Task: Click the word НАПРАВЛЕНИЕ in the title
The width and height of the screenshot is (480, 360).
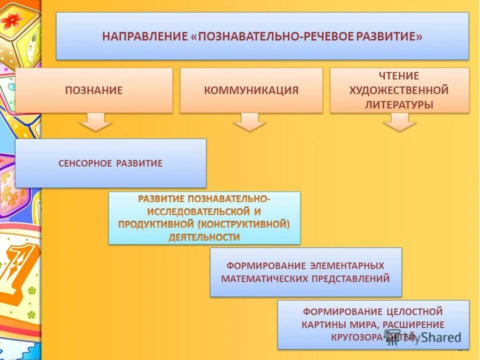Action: [144, 37]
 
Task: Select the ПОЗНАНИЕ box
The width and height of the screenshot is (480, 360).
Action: [94, 90]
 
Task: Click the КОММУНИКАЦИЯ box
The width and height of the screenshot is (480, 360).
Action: [251, 90]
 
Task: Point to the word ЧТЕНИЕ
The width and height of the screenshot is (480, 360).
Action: [399, 76]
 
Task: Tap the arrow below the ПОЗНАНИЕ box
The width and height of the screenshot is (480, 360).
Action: [95, 121]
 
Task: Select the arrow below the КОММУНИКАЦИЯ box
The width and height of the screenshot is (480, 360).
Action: [249, 121]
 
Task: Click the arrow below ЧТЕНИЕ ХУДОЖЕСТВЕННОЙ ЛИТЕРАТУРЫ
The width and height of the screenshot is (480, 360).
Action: [399, 121]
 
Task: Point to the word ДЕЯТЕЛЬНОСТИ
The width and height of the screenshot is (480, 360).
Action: [204, 237]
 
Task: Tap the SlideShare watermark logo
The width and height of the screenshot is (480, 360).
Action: [423, 336]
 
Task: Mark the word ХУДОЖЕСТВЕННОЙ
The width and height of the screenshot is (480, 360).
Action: [399, 90]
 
